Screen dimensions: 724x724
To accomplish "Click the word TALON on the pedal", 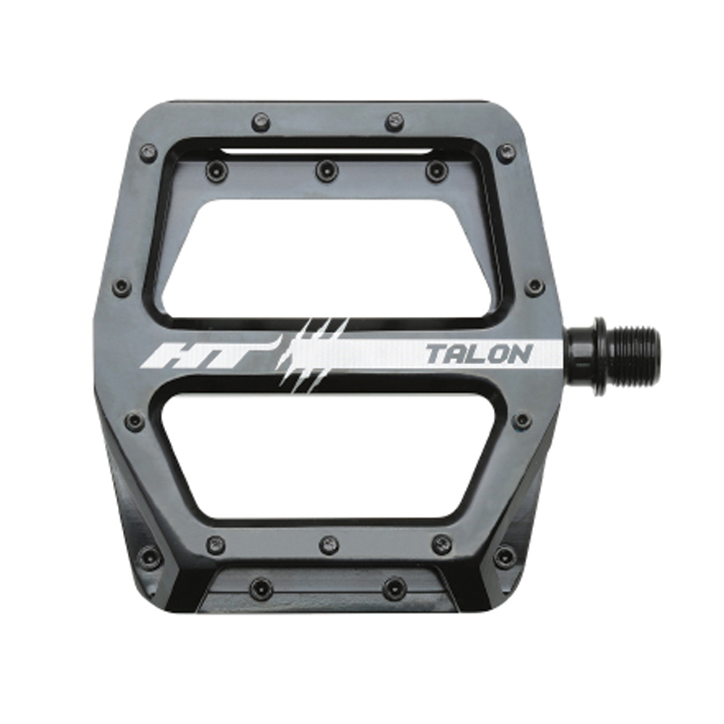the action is click(479, 354).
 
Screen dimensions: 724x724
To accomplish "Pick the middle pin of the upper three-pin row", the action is click(324, 169).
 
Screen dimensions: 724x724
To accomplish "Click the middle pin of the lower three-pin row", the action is click(329, 546).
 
